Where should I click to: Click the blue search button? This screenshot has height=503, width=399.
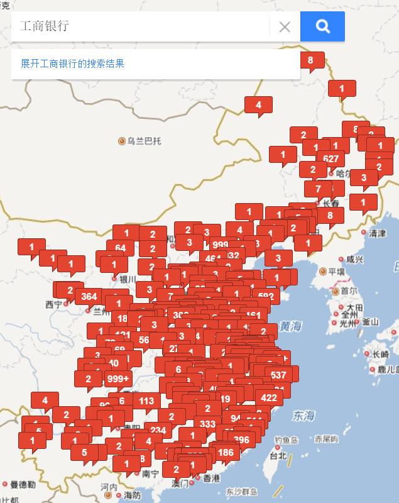click(x=322, y=26)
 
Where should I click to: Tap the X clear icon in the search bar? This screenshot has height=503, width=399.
click(x=285, y=26)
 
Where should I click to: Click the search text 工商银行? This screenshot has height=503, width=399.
click(x=44, y=26)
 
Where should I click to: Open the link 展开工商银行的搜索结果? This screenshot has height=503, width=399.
click(x=72, y=64)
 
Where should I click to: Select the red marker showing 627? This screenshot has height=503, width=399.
click(x=331, y=158)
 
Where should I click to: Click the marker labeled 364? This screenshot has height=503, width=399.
click(x=89, y=296)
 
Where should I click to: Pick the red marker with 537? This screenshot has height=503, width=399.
click(x=278, y=375)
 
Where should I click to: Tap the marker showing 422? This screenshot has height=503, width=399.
click(x=268, y=397)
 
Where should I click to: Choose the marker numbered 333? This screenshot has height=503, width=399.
click(x=207, y=424)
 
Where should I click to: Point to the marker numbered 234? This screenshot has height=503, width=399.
click(x=158, y=430)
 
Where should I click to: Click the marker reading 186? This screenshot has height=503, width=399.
click(x=225, y=451)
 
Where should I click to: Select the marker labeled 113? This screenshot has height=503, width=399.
click(x=146, y=401)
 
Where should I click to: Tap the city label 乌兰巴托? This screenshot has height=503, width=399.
click(x=144, y=141)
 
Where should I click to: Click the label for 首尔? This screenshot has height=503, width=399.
click(x=349, y=292)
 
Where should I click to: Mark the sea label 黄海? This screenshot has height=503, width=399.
click(x=291, y=326)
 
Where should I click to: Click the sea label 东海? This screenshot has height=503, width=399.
click(x=303, y=416)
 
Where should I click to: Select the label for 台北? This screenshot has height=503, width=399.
click(x=278, y=455)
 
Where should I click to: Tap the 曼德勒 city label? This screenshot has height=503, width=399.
click(x=23, y=484)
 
